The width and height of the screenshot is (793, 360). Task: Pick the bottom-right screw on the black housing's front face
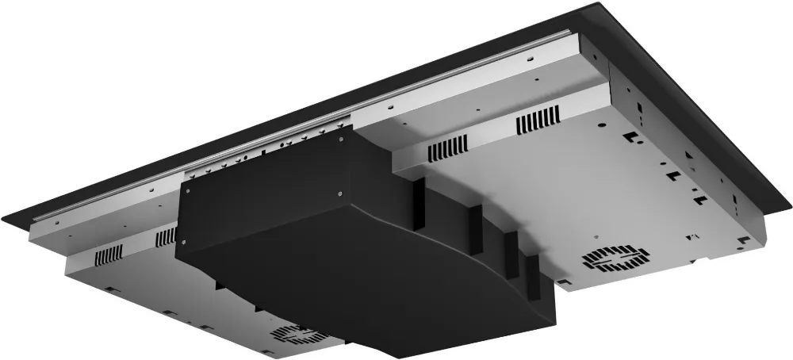pyautogui.click(x=339, y=190)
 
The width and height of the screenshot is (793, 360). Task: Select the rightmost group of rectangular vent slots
pyautogui.click(x=538, y=121)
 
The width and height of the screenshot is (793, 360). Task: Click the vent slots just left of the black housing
pyautogui.click(x=166, y=236)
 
